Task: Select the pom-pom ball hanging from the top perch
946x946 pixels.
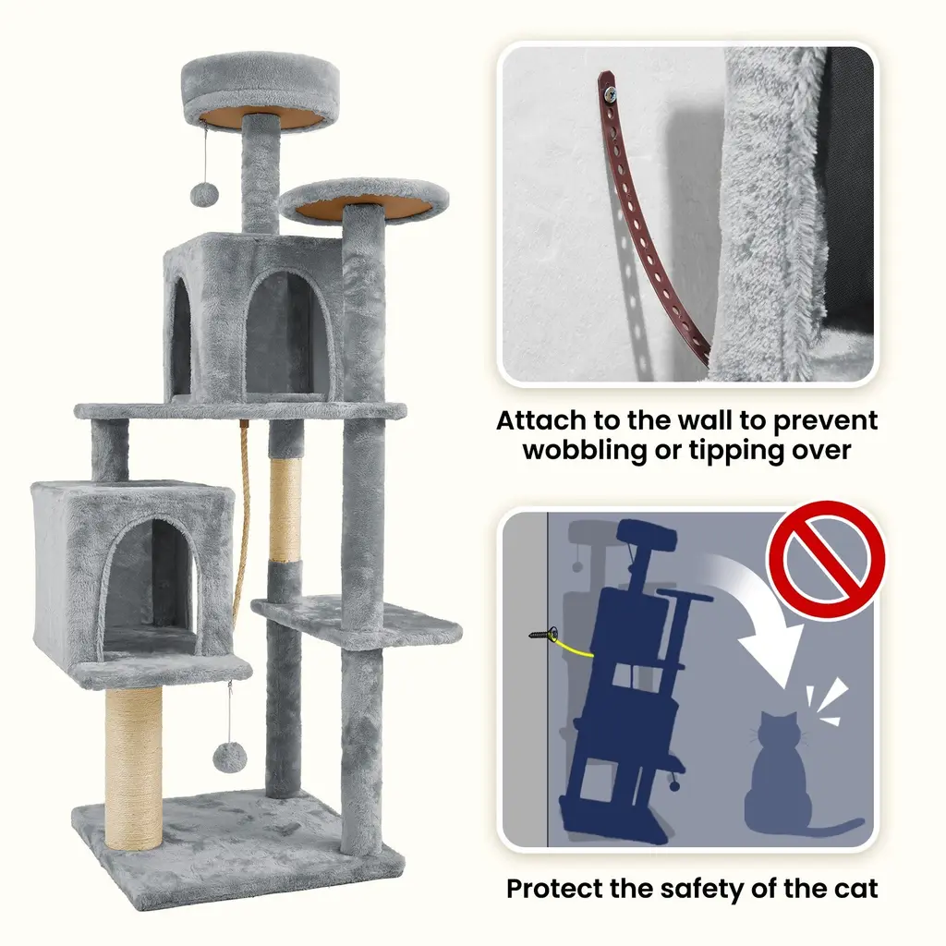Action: click(x=203, y=194)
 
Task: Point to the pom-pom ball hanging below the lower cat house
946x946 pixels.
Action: click(x=230, y=757)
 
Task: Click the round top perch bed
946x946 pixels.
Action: click(x=261, y=91)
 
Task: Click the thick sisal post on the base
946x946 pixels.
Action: click(x=133, y=768)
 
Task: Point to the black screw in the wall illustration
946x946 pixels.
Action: click(x=543, y=634)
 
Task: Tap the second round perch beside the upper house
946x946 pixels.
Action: click(x=364, y=200)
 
